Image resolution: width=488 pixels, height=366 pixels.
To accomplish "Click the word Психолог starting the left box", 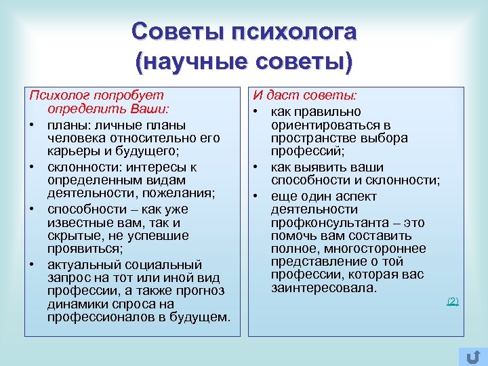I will pyautogui.click(x=56, y=96).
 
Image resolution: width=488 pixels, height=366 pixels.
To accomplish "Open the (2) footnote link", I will pyautogui.click(x=453, y=301).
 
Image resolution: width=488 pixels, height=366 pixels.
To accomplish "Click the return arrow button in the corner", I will pyautogui.click(x=472, y=357).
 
